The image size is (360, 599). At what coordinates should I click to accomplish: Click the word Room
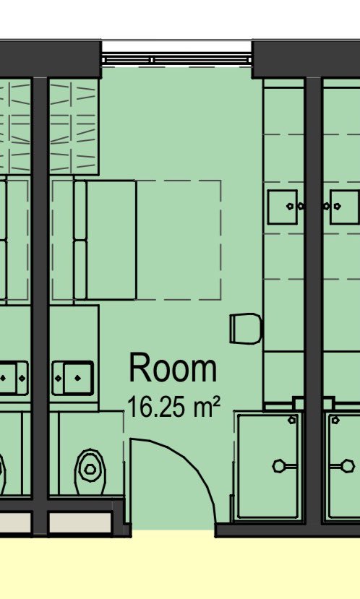coord(173,369)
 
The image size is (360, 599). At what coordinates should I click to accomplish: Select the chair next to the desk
coord(245,329)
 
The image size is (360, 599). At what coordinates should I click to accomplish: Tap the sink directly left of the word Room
coord(73,376)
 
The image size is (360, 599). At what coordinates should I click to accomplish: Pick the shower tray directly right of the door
coord(270,466)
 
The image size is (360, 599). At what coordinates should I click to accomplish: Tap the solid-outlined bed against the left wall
coord(105,240)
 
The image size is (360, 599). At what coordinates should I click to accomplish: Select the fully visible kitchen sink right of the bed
coord(283,207)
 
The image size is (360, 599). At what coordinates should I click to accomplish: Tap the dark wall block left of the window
coord(51,59)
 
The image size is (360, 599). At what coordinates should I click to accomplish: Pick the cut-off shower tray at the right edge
coord(343,466)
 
